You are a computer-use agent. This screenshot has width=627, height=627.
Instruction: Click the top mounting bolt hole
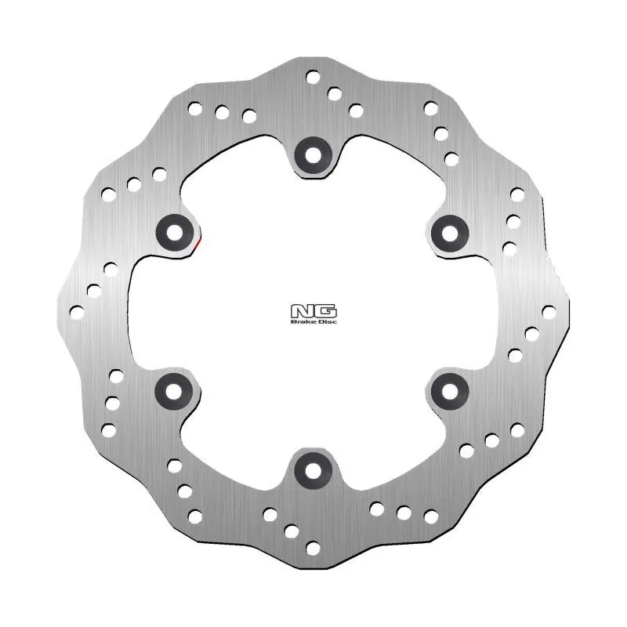(x=313, y=152)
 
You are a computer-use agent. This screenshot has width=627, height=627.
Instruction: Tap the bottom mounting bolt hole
(x=313, y=469)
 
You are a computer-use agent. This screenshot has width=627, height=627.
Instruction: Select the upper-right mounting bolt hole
(x=450, y=230)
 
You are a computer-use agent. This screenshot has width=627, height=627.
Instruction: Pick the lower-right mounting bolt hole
(x=450, y=390)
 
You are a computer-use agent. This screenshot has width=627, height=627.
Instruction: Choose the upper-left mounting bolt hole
(x=173, y=230)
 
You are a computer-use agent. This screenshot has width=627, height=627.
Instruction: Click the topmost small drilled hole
(x=313, y=77)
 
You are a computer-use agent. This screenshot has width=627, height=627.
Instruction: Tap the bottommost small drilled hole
(x=313, y=549)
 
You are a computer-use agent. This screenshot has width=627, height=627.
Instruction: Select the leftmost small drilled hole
(x=77, y=312)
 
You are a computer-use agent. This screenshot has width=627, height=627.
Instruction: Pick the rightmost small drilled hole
(x=549, y=312)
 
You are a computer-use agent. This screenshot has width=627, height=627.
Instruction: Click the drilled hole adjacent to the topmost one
(x=335, y=94)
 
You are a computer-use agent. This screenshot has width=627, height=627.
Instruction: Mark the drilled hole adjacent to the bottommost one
(x=292, y=531)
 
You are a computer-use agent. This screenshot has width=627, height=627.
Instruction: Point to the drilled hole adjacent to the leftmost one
(x=94, y=291)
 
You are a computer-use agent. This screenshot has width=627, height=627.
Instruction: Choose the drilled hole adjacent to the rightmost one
(x=532, y=334)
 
